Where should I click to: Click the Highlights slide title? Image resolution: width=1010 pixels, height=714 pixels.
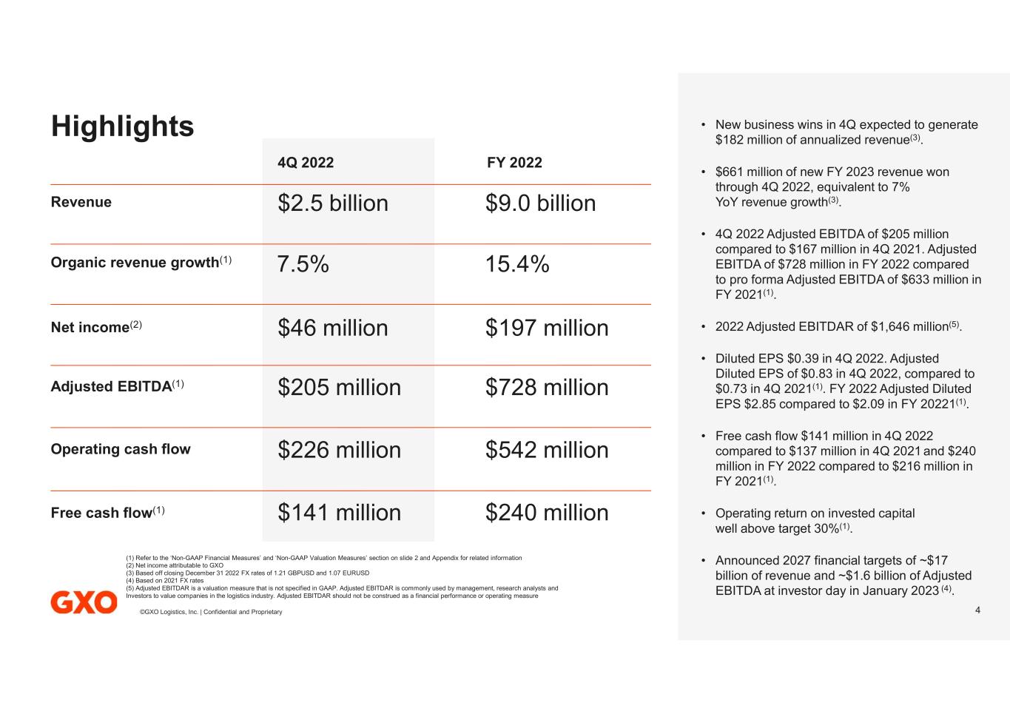pos(122,127)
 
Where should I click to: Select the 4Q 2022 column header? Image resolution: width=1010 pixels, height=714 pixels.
pos(306,163)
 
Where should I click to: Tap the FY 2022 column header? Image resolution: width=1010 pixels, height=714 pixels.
pos(514,163)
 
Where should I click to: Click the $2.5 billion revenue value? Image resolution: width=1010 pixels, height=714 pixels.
pos(333,203)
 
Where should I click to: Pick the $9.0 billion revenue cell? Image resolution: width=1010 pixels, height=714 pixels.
pos(540,203)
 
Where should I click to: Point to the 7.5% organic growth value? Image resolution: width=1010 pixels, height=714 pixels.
pos(303,264)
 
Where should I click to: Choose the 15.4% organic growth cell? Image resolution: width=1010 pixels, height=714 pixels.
pos(517,264)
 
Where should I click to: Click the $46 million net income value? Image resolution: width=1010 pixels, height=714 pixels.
pos(333,328)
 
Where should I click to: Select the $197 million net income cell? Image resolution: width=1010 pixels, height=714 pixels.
pos(547,328)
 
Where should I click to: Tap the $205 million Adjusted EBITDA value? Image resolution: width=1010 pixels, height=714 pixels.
pos(339,388)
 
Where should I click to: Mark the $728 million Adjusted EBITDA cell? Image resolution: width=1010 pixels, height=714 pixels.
pos(547,388)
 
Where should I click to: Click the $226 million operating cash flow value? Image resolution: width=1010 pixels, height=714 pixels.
pos(339,450)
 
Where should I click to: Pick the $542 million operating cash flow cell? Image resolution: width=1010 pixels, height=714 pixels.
pos(547,450)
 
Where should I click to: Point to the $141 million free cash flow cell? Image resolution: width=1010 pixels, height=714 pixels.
pos(339,513)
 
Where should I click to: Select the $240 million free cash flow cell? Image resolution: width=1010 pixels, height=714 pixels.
pos(547,513)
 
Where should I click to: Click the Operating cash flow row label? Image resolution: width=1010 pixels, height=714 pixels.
pos(121,449)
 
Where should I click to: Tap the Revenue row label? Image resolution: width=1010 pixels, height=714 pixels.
pos(81,202)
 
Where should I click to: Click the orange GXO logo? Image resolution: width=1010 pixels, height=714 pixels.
pos(84,602)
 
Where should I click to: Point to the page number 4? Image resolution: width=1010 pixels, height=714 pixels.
pos(977,610)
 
